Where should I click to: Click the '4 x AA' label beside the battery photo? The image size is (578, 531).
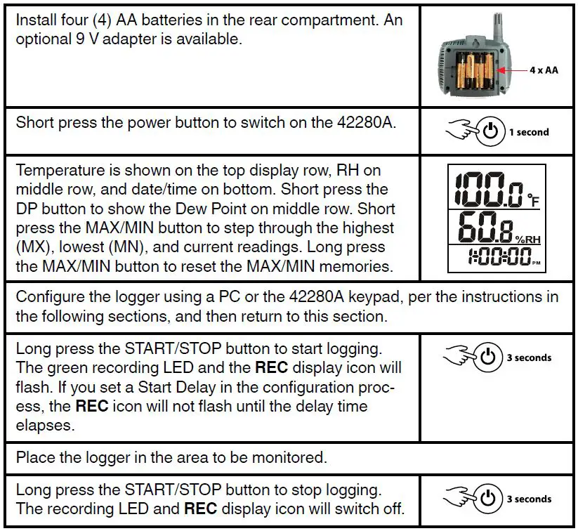coord(544,71)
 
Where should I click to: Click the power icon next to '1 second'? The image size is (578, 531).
coord(490,132)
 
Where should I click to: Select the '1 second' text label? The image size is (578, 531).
coord(529,132)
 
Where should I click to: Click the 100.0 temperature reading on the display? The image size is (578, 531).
coord(485,188)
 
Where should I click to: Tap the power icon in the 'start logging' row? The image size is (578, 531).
coord(490,358)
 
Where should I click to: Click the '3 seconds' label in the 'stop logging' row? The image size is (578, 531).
coord(529,499)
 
